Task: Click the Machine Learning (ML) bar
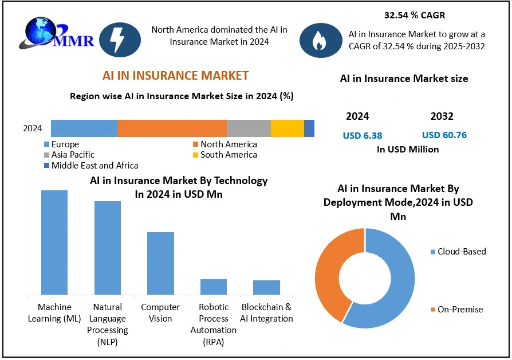tap(54, 242)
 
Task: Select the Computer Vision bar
tap(160, 263)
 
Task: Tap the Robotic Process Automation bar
tap(214, 287)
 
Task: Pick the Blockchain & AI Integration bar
tap(266, 287)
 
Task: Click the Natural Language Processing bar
tap(108, 248)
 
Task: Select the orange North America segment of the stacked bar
tap(172, 128)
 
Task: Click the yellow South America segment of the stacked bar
tap(287, 128)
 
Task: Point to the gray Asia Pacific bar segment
tap(249, 128)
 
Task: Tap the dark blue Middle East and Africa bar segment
tap(309, 128)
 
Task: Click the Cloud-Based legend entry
tap(458, 252)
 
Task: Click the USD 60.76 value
tap(444, 135)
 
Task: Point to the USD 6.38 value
tap(363, 136)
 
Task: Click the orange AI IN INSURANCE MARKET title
tap(175, 76)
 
